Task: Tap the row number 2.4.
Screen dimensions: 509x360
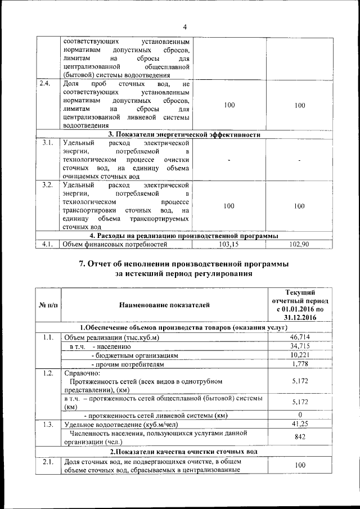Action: point(45,84)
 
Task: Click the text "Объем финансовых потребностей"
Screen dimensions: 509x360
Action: point(115,244)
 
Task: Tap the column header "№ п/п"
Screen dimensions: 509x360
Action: point(48,305)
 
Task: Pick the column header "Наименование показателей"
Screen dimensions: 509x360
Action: point(164,305)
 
